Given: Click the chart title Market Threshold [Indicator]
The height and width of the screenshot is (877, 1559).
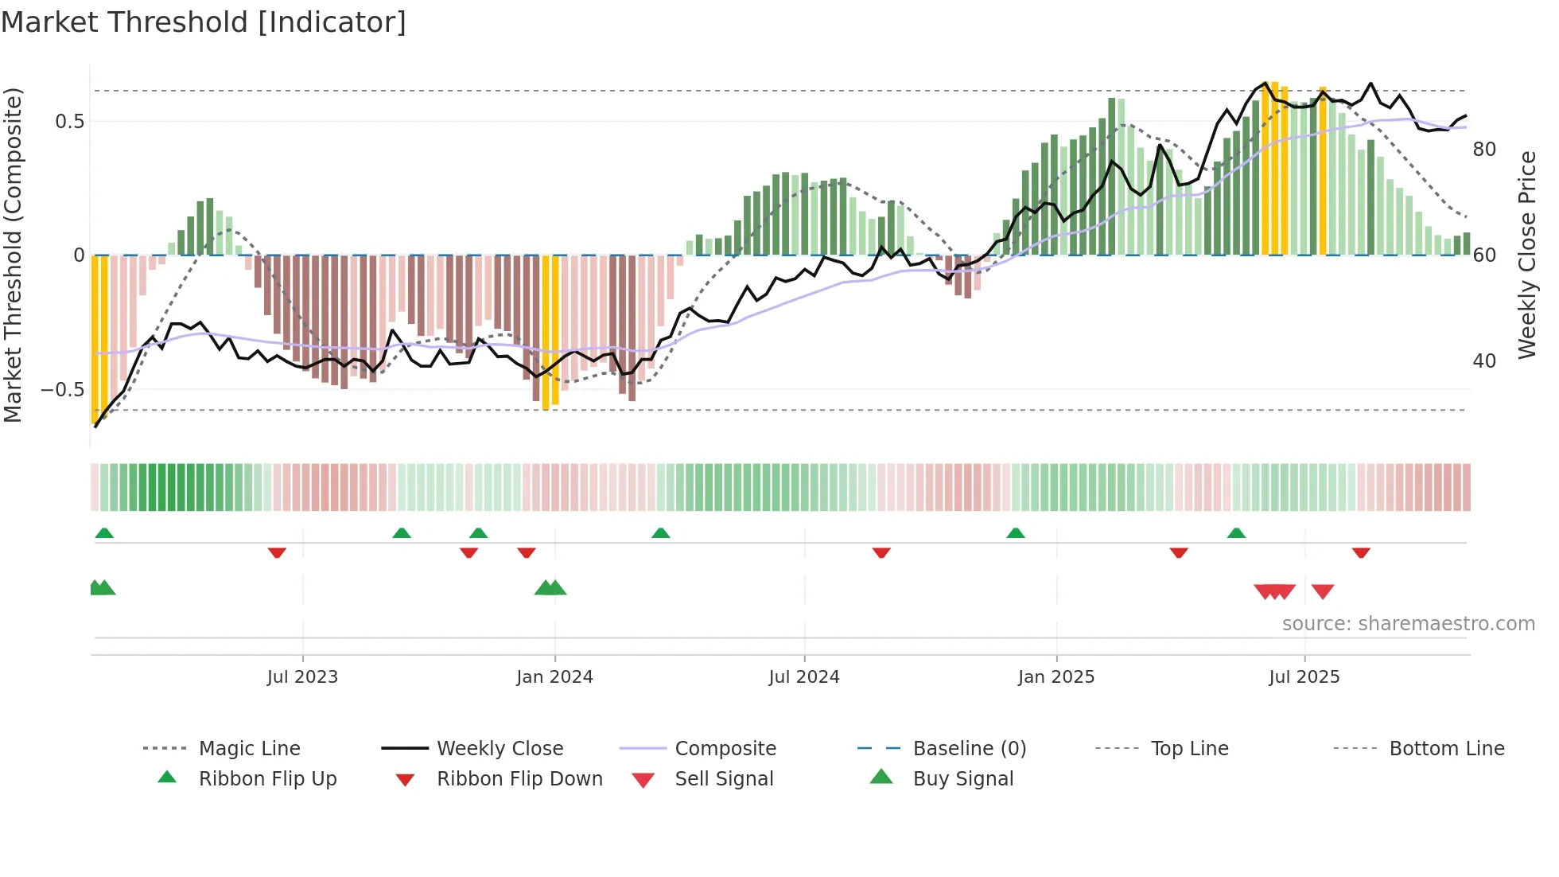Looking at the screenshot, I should pos(204,22).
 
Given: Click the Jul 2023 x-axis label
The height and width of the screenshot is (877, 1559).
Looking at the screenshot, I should pos(302,677).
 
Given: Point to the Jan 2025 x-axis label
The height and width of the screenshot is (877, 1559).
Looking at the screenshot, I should pos(1056,677).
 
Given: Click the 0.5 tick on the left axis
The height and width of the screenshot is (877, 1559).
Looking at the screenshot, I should pos(69,122).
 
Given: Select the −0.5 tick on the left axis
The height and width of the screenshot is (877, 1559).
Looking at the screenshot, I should pos(63,390).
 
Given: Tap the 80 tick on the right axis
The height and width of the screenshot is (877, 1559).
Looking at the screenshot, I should pos(1484,150).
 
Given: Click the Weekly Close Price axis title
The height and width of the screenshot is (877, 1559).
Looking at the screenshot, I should pos(1526,255).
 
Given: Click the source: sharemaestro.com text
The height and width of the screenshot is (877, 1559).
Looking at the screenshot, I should pos(1408,624).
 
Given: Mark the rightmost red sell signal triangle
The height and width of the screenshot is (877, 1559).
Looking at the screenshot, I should pos(1323,591).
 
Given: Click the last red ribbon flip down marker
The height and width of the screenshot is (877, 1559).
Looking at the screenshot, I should pos(1361,552).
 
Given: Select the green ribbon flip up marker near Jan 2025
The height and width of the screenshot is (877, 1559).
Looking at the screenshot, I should pos(1016,533).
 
